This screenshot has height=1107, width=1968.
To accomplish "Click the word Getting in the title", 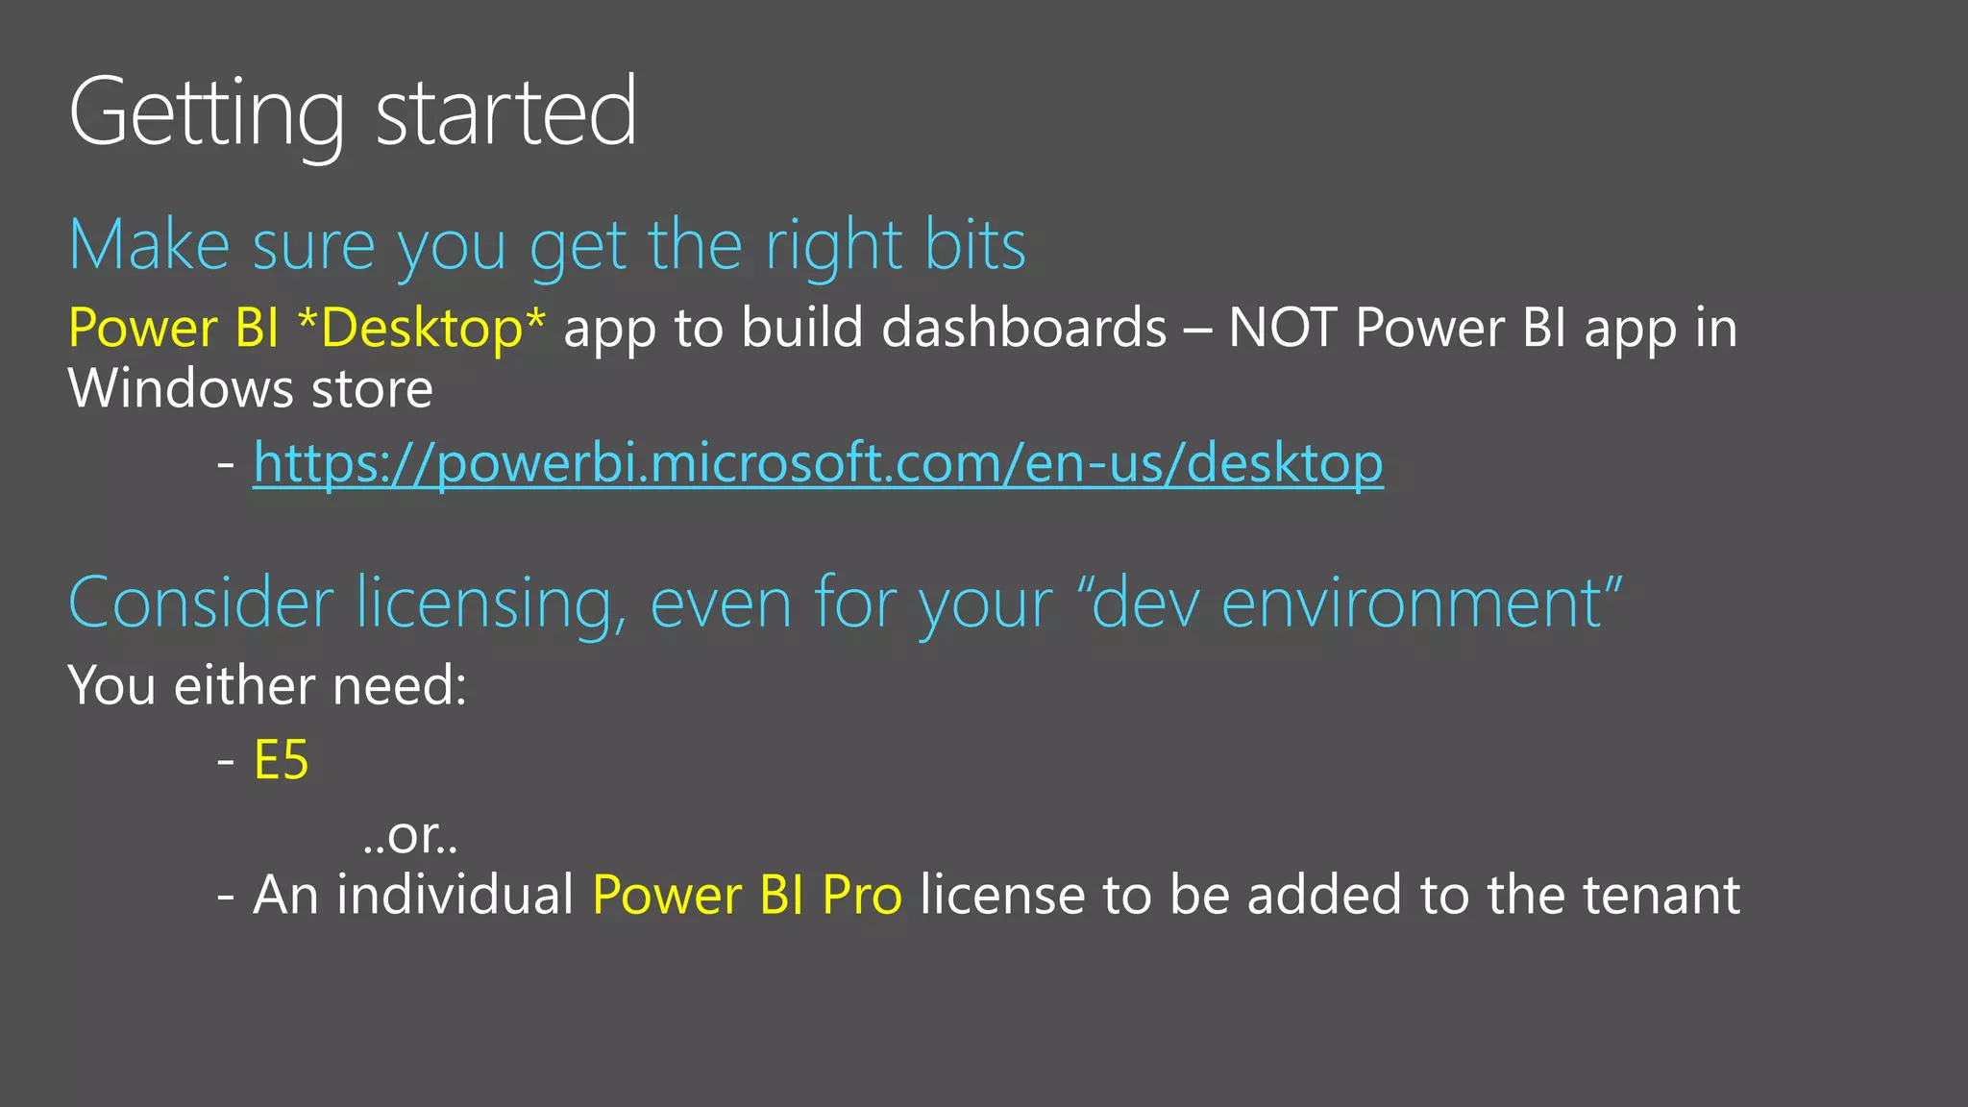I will click(x=207, y=113).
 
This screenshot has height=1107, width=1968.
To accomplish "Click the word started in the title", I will click(x=505, y=113).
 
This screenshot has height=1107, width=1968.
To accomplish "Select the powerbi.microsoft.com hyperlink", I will click(x=818, y=464).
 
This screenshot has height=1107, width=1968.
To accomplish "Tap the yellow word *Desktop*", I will click(x=422, y=329).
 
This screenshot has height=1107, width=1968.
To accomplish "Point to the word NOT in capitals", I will click(x=1282, y=329).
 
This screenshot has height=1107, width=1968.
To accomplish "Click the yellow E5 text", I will click(x=281, y=761).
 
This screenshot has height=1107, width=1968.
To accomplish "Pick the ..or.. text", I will click(x=411, y=835).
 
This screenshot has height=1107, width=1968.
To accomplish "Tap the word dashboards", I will click(x=1023, y=329).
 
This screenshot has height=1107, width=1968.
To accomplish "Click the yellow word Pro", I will click(x=862, y=896).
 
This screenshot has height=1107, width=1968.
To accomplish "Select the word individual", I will click(x=455, y=896).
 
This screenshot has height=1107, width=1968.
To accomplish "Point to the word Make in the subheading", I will click(x=150, y=246).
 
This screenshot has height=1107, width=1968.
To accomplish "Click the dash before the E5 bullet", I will click(x=226, y=761).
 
